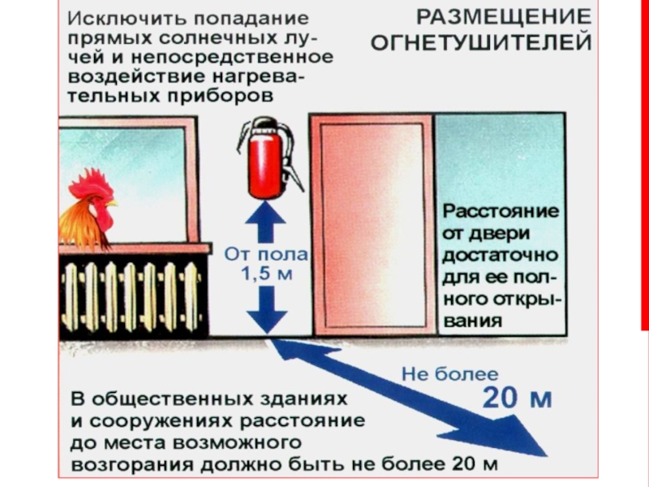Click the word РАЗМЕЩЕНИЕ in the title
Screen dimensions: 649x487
pyautogui.click(x=504, y=16)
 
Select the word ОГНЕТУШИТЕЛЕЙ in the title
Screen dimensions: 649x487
pyautogui.click(x=482, y=41)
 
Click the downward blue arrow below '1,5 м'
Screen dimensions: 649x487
pyautogui.click(x=265, y=309)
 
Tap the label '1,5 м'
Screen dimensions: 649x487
pyautogui.click(x=266, y=274)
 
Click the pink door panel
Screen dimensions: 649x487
pyautogui.click(x=372, y=226)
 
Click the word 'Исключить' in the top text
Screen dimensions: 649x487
pyautogui.click(x=114, y=17)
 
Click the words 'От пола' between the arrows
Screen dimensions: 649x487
pyautogui.click(x=266, y=254)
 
